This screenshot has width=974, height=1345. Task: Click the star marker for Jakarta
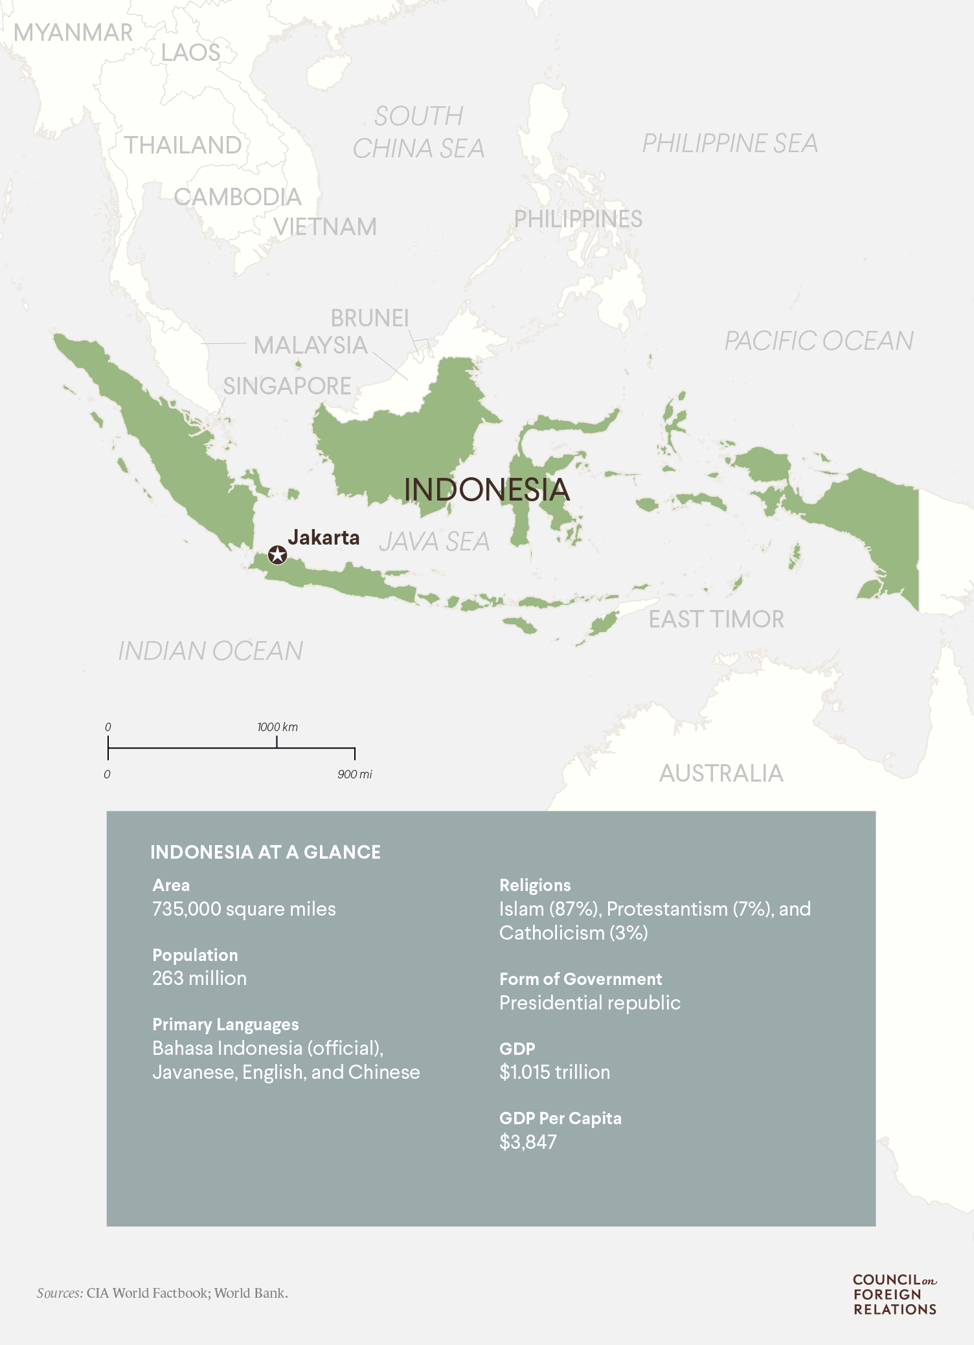[x=277, y=555]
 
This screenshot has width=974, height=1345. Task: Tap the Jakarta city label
[x=323, y=537]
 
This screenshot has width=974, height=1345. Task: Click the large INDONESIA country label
[x=486, y=490]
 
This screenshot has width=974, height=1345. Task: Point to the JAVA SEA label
[x=434, y=541]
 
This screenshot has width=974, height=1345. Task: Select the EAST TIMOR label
[x=716, y=620]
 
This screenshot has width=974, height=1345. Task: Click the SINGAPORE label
[x=287, y=387]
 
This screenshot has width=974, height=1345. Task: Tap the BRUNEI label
[x=370, y=318]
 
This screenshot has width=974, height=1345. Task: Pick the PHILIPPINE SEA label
[x=729, y=143]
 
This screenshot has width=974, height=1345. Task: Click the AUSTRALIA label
[x=721, y=773]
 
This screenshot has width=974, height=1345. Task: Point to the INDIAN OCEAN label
[x=210, y=651]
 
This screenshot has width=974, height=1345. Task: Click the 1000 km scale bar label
[x=277, y=727]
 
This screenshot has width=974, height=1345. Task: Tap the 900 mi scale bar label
[x=354, y=774]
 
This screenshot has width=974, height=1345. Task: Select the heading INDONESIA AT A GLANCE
[x=266, y=852]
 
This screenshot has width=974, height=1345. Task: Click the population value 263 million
[x=199, y=978]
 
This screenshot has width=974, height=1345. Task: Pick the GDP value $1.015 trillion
[x=554, y=1072]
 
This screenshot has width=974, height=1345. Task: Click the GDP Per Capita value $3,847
[x=528, y=1142]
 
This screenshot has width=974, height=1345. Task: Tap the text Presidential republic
[x=589, y=1002]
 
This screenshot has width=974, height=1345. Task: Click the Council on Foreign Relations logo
[x=894, y=1294]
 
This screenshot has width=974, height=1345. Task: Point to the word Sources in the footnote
[x=60, y=1293]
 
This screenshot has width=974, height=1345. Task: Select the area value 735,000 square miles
[x=243, y=909]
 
